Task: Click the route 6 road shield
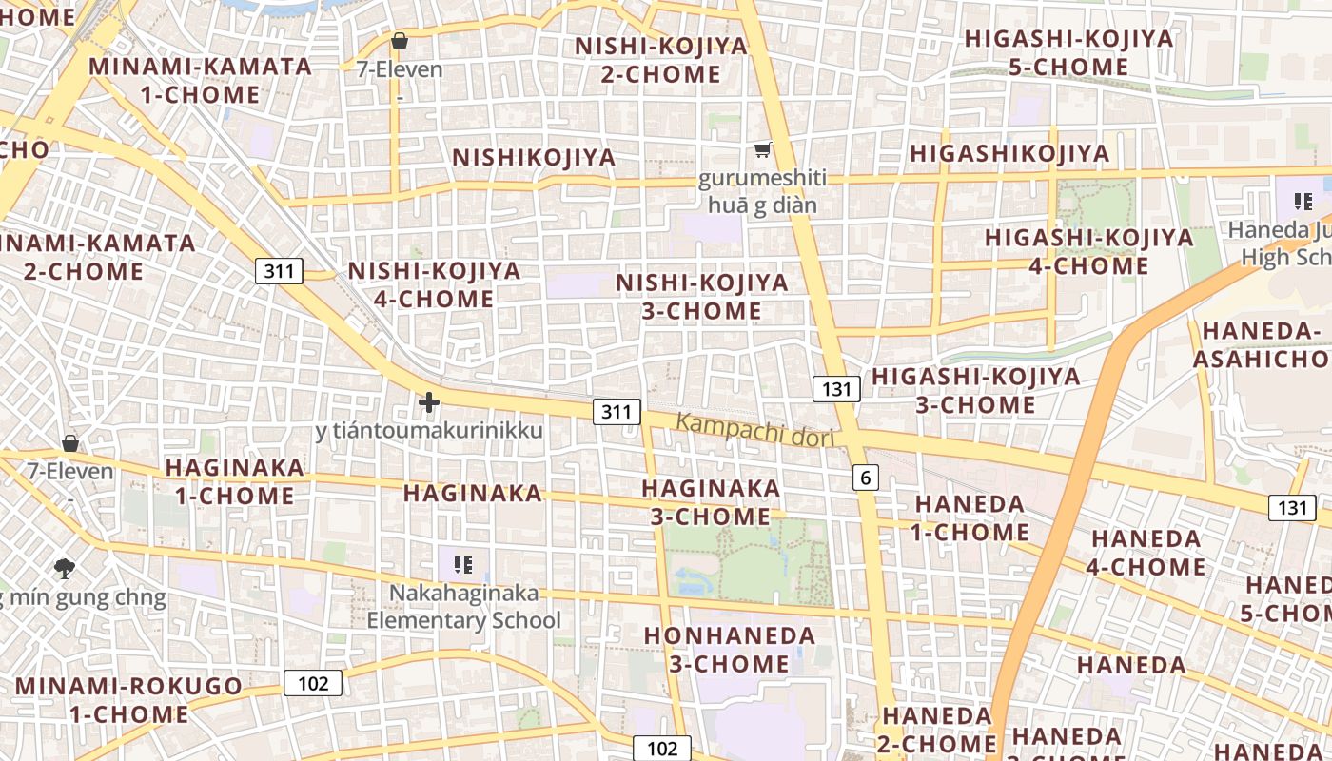(865, 478)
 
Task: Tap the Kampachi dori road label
(754, 430)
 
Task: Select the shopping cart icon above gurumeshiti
(762, 150)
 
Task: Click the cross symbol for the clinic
(429, 403)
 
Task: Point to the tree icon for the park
(65, 569)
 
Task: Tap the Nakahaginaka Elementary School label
(464, 607)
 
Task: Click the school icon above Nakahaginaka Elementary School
(463, 565)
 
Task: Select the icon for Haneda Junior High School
(1303, 201)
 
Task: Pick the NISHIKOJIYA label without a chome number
(534, 157)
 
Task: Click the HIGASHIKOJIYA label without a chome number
(1009, 153)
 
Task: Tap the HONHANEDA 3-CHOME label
(730, 650)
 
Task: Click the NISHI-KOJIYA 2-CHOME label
(660, 60)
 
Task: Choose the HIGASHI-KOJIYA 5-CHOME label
(1068, 53)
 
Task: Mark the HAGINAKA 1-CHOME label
(235, 481)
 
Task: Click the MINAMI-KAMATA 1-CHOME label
(200, 81)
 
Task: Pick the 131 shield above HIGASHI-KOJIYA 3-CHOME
(836, 388)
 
